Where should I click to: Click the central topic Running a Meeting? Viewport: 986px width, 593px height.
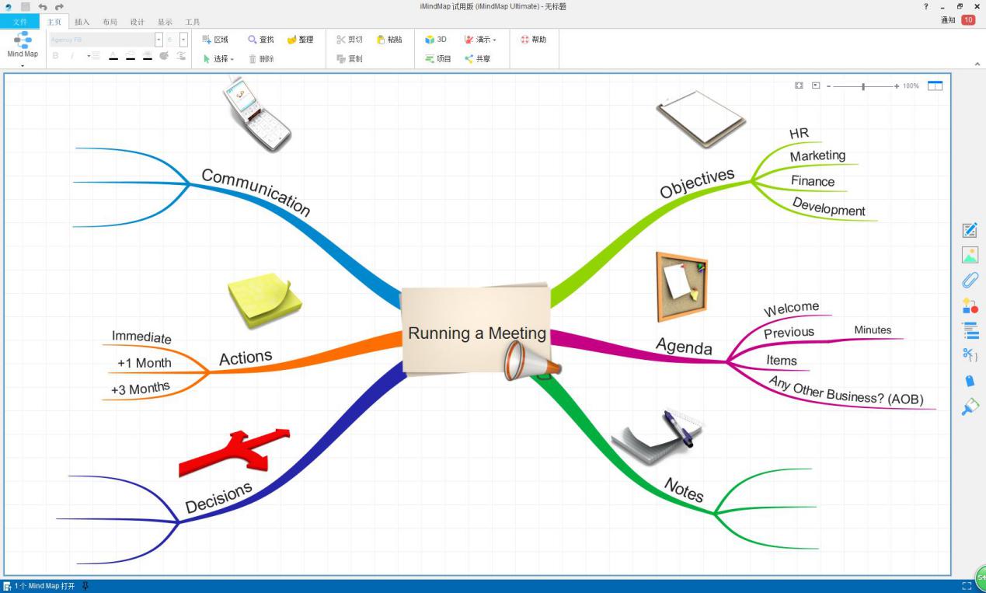point(476,333)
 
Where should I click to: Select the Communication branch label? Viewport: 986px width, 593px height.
point(256,192)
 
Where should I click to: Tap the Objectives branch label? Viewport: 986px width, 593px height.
point(697,183)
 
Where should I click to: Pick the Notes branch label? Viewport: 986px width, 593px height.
point(684,490)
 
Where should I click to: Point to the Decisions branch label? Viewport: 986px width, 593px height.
point(218,497)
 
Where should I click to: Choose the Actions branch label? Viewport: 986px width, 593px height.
point(246,358)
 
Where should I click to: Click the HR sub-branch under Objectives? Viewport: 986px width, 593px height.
point(799,134)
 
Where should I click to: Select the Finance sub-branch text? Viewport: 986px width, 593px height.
point(813,181)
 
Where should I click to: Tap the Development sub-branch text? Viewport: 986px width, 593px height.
point(828,207)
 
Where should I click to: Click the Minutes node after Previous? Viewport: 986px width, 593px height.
point(873,330)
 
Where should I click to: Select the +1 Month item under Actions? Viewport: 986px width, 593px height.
point(144,363)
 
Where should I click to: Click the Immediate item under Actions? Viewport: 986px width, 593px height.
point(141,337)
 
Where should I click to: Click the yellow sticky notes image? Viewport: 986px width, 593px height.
point(264,299)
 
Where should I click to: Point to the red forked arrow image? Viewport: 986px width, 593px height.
point(234,452)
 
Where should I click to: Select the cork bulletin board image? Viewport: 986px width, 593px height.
point(681,286)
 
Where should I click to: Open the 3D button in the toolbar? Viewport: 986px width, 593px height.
point(436,40)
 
